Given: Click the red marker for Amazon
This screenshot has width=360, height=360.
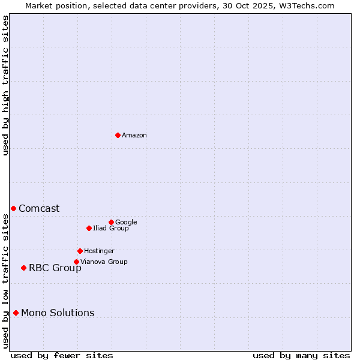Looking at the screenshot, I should [118, 135].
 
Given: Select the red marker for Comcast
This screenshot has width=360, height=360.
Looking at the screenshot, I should [13, 208].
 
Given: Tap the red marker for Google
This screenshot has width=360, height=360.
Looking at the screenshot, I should [111, 222].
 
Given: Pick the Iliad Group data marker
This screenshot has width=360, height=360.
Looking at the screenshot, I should [89, 228].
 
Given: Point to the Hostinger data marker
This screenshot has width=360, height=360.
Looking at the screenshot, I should [80, 251].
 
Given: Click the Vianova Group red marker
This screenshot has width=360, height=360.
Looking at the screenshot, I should [76, 262].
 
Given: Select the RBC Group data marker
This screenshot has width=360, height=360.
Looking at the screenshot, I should [23, 268].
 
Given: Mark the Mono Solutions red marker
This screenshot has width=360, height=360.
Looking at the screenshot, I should [16, 313].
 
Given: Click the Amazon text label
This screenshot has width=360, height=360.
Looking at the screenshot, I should [134, 136].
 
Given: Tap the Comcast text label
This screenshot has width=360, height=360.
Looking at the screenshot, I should [39, 209].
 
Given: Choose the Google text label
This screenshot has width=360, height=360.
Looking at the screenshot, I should [126, 223].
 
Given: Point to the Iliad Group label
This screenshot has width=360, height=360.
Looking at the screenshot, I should [111, 229].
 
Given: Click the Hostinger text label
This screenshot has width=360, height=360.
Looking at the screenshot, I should [99, 251].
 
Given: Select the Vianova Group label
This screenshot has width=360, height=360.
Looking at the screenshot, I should [104, 262].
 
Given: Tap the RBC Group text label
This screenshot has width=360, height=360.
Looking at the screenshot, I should [55, 268].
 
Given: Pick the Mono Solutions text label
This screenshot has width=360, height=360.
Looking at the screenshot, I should [58, 313].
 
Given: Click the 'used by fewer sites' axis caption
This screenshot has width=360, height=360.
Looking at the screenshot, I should [62, 356].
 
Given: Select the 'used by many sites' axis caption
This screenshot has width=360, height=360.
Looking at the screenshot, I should [301, 356].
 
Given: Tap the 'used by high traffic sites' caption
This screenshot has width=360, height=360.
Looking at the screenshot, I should [5, 85].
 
